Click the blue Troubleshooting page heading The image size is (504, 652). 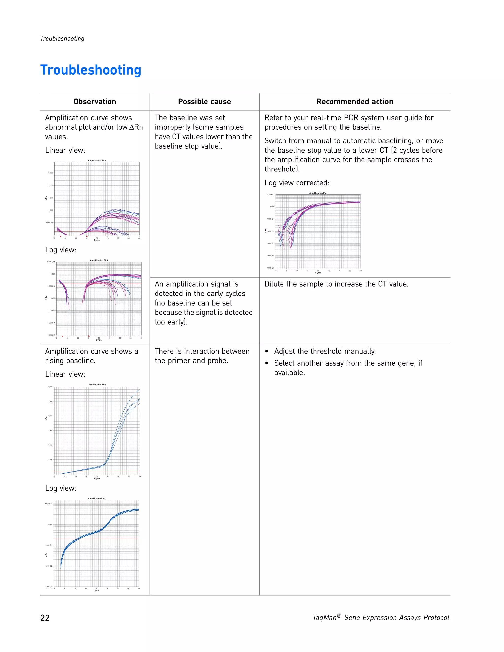tap(91, 70)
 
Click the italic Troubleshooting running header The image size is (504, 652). tap(62, 39)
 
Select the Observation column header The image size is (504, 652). tap(95, 102)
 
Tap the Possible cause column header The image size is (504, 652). tap(204, 102)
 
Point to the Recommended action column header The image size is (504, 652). tap(355, 102)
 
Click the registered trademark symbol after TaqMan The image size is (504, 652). tap(339, 615)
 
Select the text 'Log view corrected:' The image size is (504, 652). tap(297, 183)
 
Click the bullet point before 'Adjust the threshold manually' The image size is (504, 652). tap(267, 352)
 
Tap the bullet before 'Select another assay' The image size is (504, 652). tap(267, 364)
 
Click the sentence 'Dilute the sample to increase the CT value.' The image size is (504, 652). tap(336, 284)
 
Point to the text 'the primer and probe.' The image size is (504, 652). tap(191, 361)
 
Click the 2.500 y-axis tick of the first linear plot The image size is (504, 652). tap(50, 173)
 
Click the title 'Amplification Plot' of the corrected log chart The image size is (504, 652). tap(318, 193)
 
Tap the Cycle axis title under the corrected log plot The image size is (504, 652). tap(318, 273)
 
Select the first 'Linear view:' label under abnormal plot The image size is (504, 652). tap(65, 150)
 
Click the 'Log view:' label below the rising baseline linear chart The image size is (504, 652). tap(61, 488)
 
